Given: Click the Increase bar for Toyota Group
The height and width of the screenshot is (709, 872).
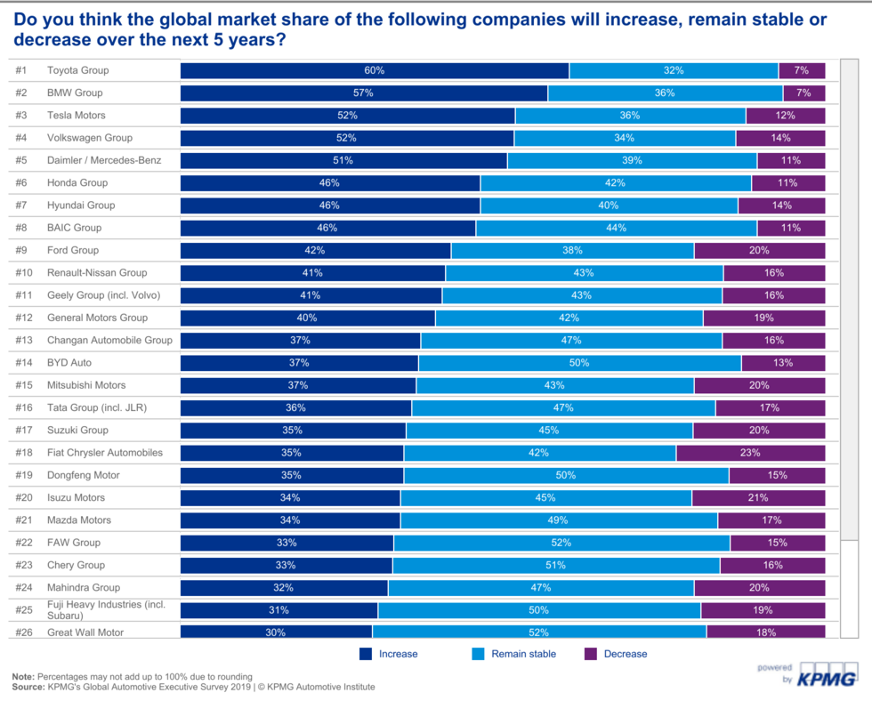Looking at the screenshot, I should (x=375, y=70).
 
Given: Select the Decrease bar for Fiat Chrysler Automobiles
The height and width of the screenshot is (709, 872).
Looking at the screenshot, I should (x=750, y=453).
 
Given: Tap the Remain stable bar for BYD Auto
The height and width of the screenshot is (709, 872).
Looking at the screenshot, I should (x=579, y=363).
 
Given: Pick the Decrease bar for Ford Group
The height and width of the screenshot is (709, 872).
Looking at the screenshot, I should (x=759, y=250).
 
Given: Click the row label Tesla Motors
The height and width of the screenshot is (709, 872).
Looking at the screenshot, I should (x=76, y=116).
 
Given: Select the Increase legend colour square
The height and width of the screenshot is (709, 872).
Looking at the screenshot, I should (x=366, y=654).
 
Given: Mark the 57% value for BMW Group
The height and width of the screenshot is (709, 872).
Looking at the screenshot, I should (x=363, y=93).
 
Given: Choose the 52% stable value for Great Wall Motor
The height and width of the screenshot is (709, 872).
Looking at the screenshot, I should (x=538, y=632).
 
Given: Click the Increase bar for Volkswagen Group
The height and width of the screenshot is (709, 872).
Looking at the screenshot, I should (x=347, y=138).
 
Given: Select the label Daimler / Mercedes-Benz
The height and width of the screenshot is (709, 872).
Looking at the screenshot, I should (x=102, y=160).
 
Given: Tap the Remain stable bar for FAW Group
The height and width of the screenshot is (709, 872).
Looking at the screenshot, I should (x=561, y=543).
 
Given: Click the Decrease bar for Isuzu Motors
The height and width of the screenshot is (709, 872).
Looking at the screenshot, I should (x=758, y=497).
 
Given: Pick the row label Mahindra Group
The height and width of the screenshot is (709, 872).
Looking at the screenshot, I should (x=83, y=587).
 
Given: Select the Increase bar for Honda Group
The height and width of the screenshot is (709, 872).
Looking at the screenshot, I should (x=330, y=182).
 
